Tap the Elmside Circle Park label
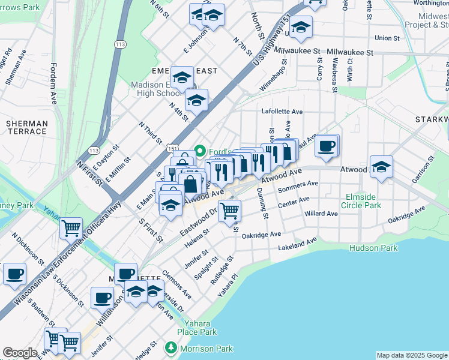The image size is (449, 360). [363, 201]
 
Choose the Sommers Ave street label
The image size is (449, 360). [298, 187]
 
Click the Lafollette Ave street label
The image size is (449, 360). [282, 112]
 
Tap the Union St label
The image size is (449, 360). [387, 38]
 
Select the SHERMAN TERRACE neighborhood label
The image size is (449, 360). [26, 127]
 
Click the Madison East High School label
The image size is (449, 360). [157, 89]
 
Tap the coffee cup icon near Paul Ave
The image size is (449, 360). [326, 146]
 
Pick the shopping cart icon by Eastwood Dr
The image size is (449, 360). [229, 211]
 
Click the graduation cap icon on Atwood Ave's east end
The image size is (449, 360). [381, 167]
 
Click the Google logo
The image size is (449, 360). [20, 353]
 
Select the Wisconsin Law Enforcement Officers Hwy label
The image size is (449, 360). [57, 262]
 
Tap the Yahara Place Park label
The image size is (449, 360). [196, 328]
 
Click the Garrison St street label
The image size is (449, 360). [423, 172]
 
